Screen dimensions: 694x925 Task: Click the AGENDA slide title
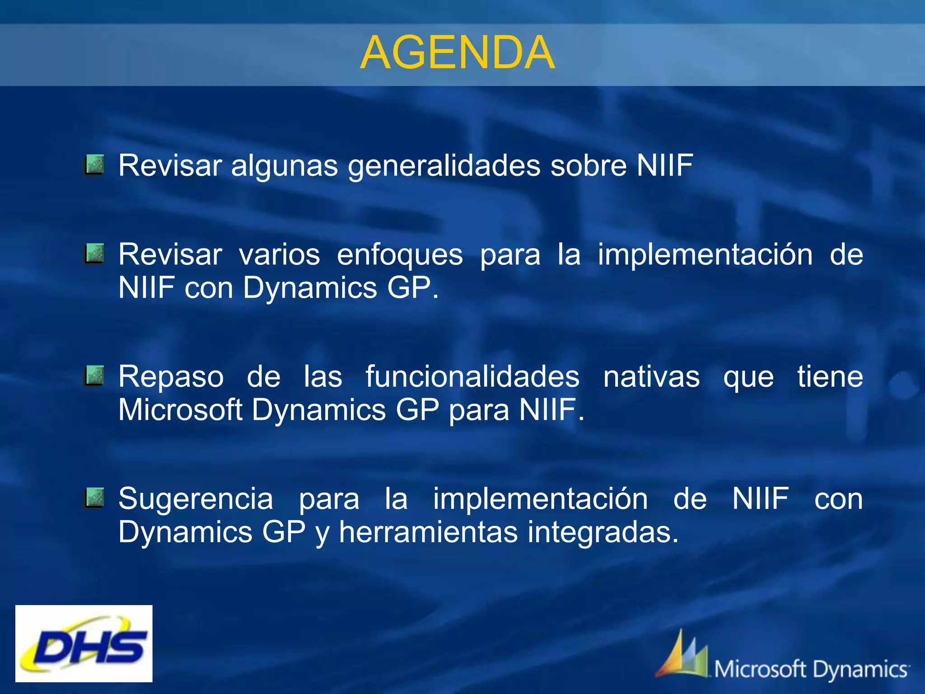pos(457,53)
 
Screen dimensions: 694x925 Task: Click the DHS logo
pos(84,643)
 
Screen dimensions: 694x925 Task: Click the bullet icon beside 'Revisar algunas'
pos(94,165)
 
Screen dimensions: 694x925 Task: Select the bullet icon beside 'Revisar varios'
pos(94,253)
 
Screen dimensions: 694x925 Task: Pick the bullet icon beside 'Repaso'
pos(94,376)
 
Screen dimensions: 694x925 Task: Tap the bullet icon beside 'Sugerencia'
pos(94,498)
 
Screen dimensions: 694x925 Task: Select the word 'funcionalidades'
pos(472,376)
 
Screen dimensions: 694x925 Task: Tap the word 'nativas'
pos(651,376)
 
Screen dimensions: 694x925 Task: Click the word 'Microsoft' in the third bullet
pos(180,410)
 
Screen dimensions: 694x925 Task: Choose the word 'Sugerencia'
pos(196,499)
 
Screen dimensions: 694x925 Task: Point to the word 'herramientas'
pos(428,532)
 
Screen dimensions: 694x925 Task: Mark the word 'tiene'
pos(830,376)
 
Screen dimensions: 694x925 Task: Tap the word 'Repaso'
pos(171,377)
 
